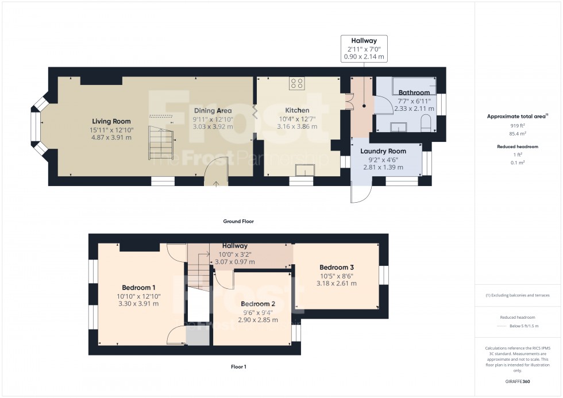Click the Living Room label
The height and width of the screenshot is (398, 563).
pos(111,121)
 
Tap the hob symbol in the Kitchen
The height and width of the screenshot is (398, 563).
pos(297,83)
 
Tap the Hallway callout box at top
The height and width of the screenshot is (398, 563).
pos(364,48)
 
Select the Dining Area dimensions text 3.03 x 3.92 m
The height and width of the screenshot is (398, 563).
pos(213,126)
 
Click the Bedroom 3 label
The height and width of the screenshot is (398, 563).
pos(337,267)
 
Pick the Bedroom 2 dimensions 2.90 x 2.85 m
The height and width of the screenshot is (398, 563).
pos(258,320)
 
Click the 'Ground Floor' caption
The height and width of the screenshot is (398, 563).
pos(238,221)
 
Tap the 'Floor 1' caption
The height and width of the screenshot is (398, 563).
pos(238,366)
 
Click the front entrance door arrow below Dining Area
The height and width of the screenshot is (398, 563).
pos(216,184)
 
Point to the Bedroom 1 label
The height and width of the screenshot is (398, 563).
pos(138,287)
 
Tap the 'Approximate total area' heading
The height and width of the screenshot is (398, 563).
pos(517,116)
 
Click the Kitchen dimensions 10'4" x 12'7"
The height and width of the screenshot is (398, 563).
pos(297,119)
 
